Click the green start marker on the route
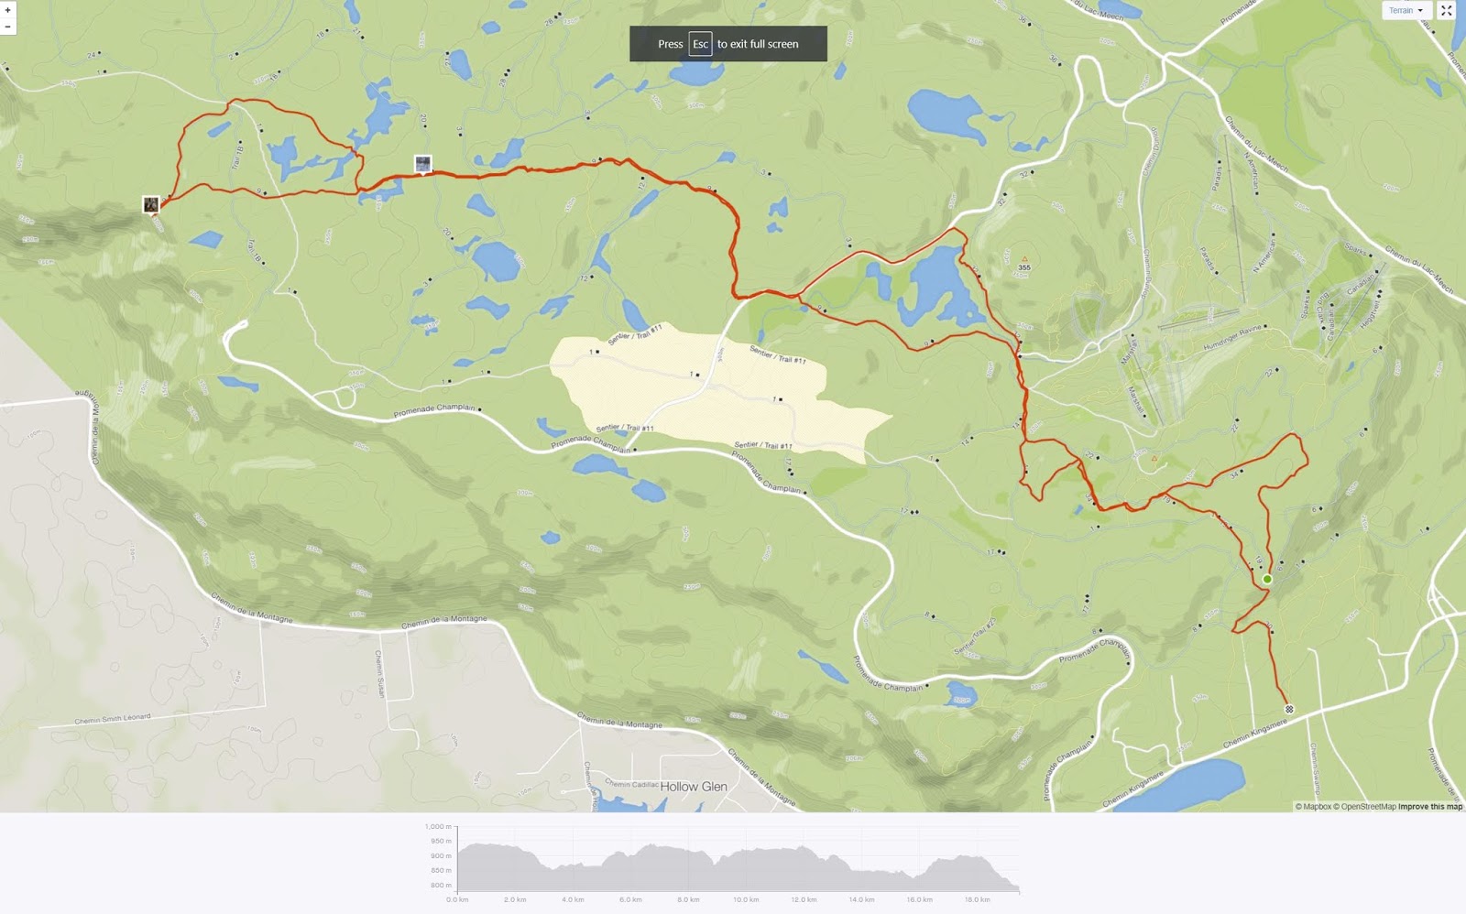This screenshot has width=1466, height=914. coord(1267,580)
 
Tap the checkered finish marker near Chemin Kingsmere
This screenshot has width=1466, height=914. coord(1289,709)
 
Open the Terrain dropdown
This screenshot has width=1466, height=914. coord(1406,10)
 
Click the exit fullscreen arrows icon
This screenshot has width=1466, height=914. coord(1447,10)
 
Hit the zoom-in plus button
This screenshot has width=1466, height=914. coord(7,9)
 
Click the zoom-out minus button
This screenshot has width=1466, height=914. coord(7,27)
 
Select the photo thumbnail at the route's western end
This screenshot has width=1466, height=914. coord(151,204)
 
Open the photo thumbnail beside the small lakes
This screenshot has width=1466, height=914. coord(422,164)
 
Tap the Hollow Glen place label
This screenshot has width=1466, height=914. coord(694,787)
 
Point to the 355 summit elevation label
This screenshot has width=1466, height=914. coord(1024,267)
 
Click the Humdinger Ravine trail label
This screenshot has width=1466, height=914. coord(1232,338)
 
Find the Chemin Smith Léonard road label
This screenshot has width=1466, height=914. coord(113,719)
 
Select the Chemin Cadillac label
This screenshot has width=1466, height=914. coord(631,784)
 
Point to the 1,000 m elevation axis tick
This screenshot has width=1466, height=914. coord(438,826)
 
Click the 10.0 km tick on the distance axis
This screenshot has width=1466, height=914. coord(745,899)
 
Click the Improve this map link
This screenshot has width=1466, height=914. coord(1430,807)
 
